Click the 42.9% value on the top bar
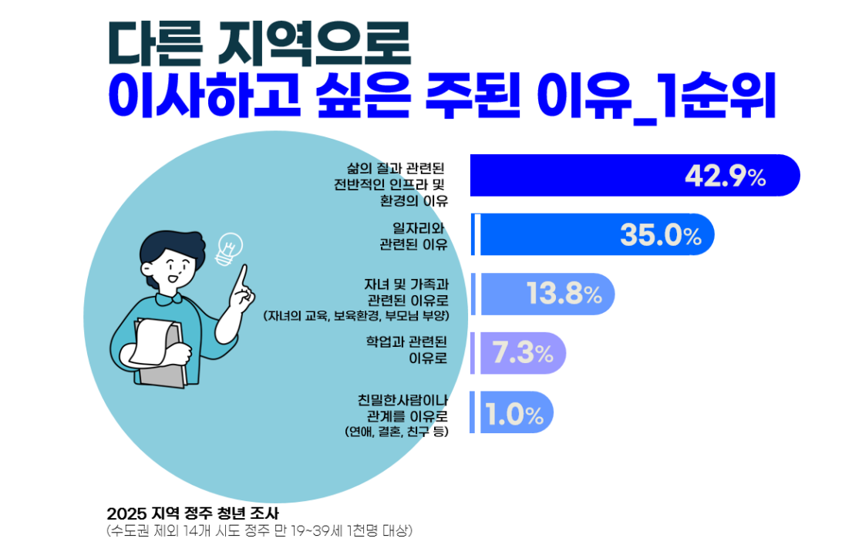725,177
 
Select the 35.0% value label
661,236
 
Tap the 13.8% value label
564,294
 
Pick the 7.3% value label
522,354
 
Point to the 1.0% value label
515,415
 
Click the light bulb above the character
229,248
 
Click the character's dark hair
170,243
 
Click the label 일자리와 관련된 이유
414,236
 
